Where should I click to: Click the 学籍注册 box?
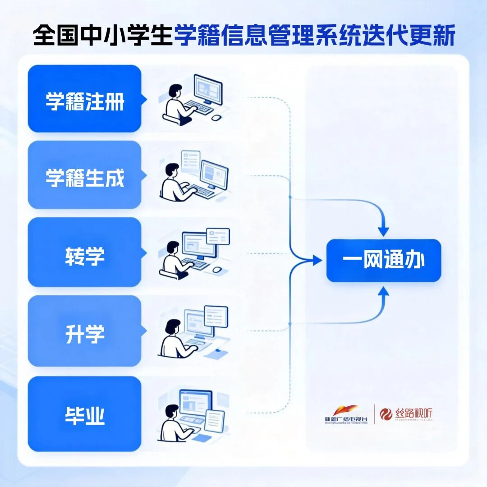[x=84, y=99]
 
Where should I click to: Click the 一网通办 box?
[x=383, y=261]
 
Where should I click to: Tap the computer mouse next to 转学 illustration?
[x=217, y=269]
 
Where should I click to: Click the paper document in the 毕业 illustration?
[x=214, y=420]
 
